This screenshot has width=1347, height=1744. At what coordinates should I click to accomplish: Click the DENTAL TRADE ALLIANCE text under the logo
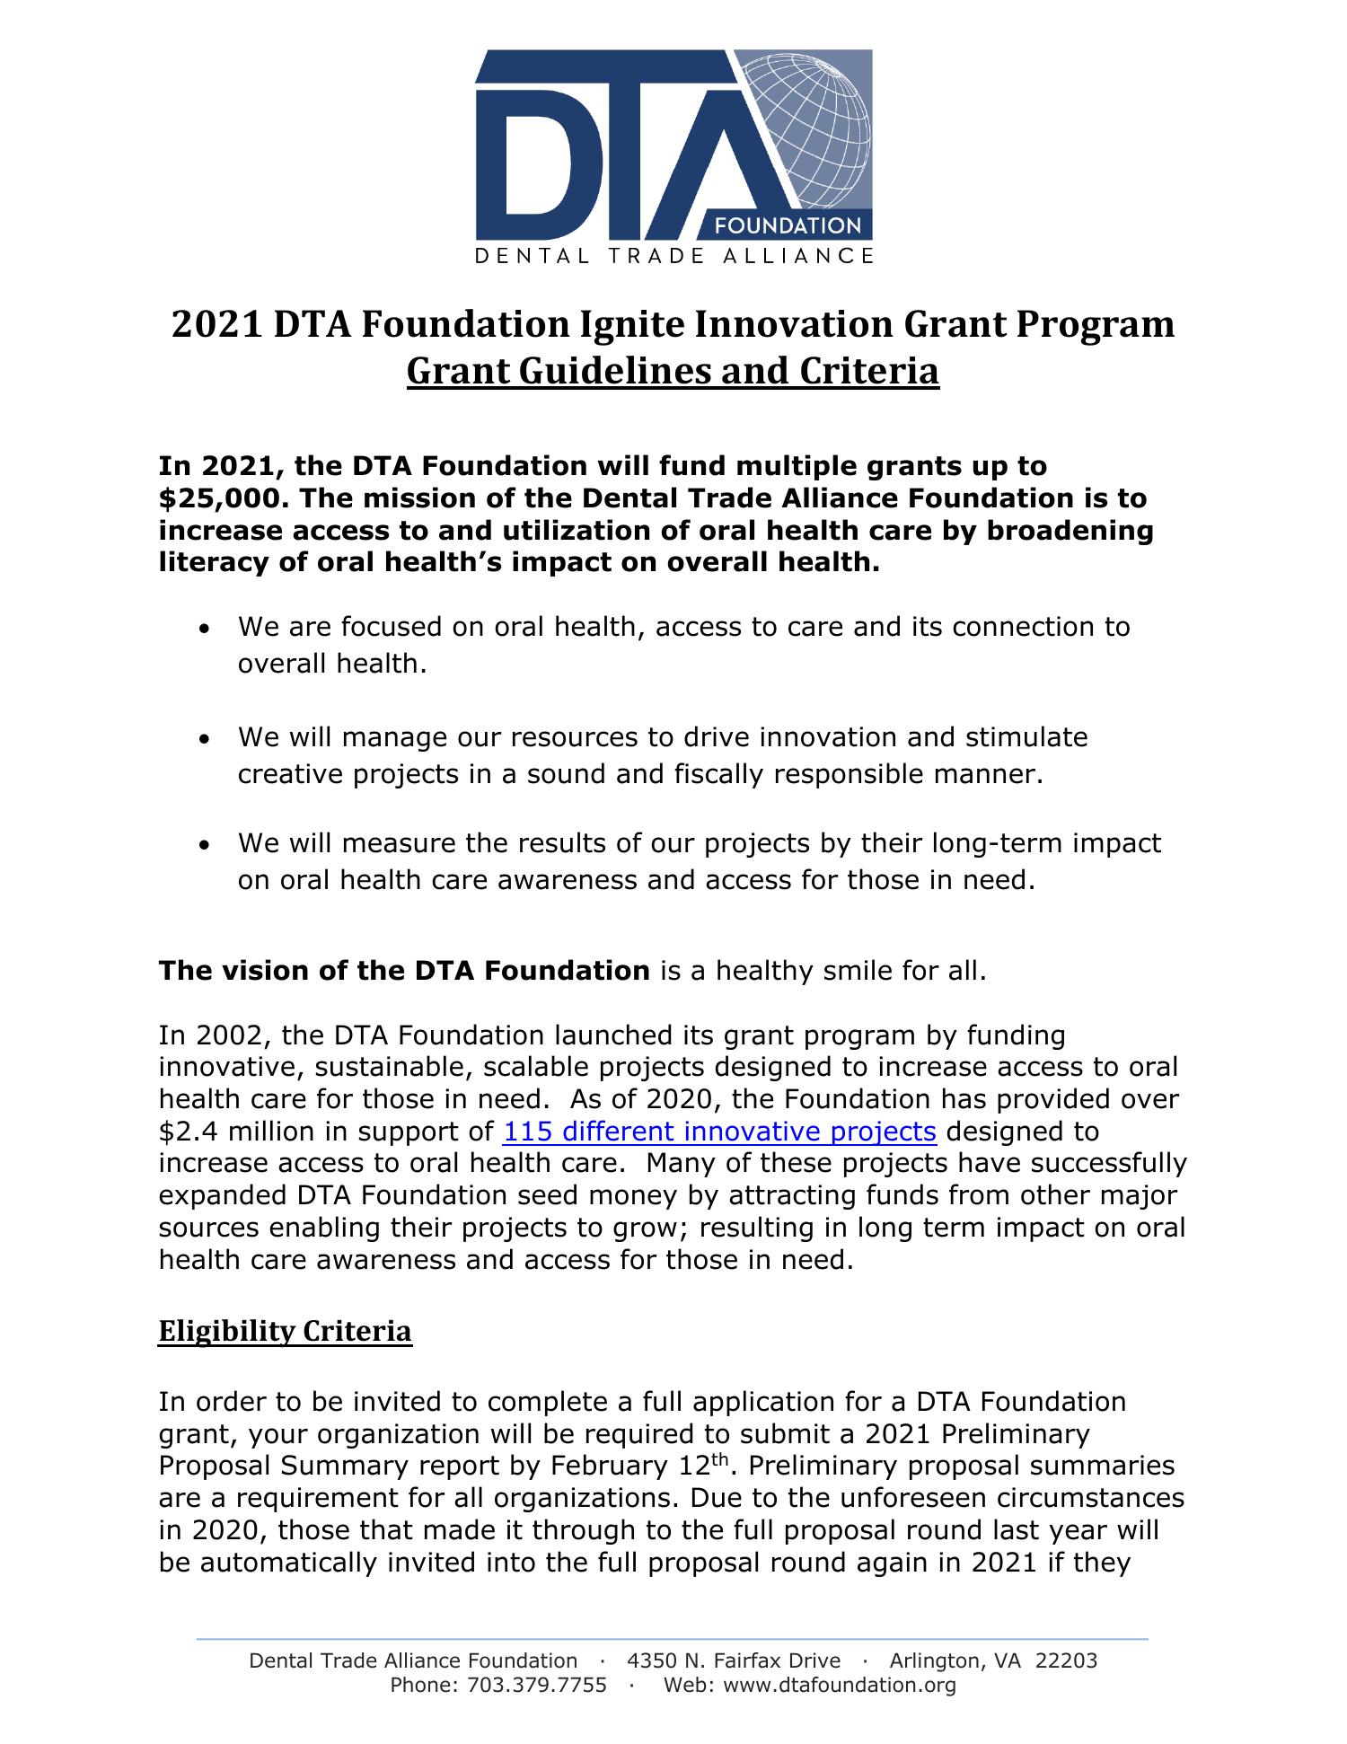pos(673,256)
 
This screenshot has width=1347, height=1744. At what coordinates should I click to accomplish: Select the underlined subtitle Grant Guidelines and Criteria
pos(673,371)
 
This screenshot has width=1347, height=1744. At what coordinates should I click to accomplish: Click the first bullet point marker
pos(207,629)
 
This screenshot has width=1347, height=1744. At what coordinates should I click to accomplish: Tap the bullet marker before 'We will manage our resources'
pos(207,739)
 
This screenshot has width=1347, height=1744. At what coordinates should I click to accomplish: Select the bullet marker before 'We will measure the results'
pos(207,845)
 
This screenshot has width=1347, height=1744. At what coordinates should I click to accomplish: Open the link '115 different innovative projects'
pos(719,1132)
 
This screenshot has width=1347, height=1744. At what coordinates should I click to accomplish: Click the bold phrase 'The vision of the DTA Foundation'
pos(404,971)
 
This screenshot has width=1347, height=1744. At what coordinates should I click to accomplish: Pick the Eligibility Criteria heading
pos(285,1331)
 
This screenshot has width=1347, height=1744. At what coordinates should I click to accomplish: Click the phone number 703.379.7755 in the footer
pos(536,1686)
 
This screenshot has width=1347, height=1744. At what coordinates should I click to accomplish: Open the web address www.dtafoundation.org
pos(839,1686)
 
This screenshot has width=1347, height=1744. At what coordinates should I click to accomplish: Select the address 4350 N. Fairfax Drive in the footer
pos(734,1660)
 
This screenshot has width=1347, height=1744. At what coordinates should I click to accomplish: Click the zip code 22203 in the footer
pos(1066,1660)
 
